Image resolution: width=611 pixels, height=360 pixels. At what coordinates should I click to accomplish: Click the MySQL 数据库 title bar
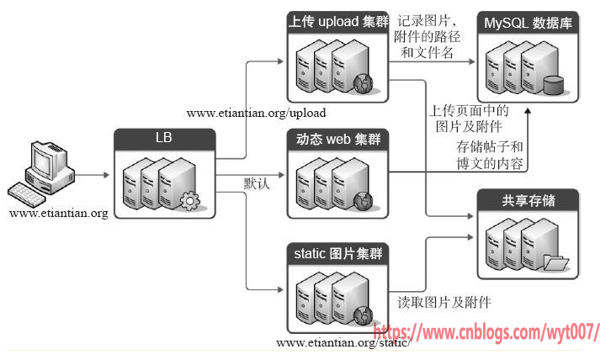coord(528,23)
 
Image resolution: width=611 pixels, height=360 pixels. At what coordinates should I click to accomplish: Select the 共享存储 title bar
coord(528,199)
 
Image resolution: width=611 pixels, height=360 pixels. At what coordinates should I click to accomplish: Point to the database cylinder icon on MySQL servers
coord(553,85)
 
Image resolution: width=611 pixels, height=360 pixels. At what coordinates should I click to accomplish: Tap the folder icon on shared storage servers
coord(555,263)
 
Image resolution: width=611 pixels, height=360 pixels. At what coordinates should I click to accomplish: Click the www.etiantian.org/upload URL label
coord(256,112)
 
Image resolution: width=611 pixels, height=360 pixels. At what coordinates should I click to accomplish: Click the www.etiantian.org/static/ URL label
coord(343,343)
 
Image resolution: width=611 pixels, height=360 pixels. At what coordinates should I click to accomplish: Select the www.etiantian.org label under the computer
coord(59,214)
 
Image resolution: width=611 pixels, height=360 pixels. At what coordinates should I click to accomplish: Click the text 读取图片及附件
coord(444,302)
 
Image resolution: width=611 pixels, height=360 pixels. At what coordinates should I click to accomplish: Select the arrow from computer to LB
coord(94,175)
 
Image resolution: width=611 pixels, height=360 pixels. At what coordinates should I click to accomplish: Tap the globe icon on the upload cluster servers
coord(364,83)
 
